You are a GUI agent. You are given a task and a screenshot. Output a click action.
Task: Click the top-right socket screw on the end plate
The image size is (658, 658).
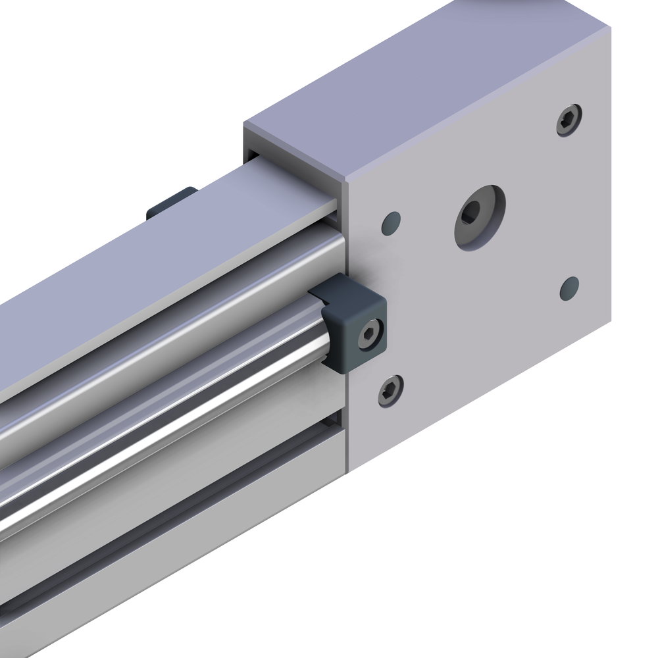tap(569, 120)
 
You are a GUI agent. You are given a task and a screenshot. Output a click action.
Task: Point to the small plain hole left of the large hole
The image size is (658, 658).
tap(391, 222)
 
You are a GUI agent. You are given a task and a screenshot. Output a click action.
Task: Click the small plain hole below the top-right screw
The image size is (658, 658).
tap(569, 288)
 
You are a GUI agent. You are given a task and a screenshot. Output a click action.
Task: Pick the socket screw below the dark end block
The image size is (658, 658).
tap(391, 390)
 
